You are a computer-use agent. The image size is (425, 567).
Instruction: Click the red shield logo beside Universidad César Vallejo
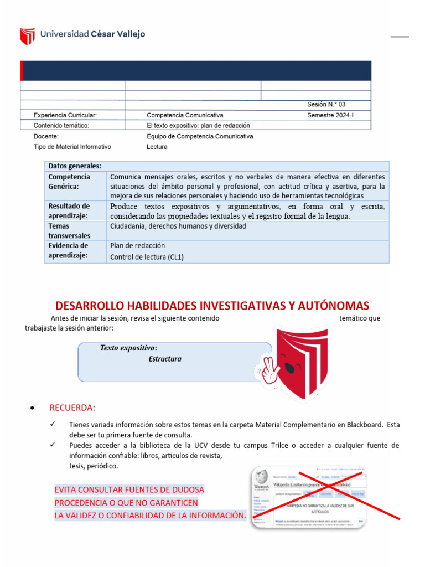tap(27, 36)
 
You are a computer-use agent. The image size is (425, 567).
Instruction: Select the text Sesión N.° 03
tap(326, 105)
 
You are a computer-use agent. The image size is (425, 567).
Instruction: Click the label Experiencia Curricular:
tap(65, 115)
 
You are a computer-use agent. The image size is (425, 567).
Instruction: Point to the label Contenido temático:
tap(61, 126)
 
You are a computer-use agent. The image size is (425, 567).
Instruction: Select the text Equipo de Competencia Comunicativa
tap(200, 136)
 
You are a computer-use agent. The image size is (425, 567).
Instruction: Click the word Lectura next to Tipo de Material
tap(157, 147)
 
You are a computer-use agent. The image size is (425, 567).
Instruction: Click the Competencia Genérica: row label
tap(69, 182)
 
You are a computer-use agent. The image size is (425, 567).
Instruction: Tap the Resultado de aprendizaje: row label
tap(69, 211)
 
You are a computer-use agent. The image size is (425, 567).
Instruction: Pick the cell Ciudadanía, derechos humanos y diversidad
tap(178, 226)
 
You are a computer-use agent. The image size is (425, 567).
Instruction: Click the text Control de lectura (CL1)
tap(147, 257)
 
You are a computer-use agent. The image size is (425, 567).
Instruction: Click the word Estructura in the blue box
tap(165, 359)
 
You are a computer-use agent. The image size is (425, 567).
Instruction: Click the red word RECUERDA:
tap(72, 408)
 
